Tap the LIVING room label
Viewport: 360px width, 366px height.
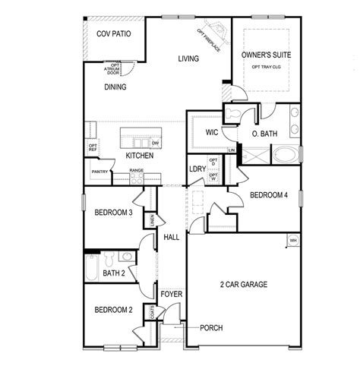click(x=188, y=58)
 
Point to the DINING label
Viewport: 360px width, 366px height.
click(x=115, y=87)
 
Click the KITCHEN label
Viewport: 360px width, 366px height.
click(x=140, y=156)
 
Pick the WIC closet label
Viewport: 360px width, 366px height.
click(x=212, y=132)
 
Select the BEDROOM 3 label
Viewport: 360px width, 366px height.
click(x=114, y=213)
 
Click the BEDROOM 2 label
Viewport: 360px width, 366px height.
click(x=114, y=309)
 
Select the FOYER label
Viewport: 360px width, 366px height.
click(x=171, y=293)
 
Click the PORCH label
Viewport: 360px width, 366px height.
click(x=211, y=328)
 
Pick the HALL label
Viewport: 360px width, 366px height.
click(x=171, y=237)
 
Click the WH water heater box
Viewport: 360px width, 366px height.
click(x=292, y=241)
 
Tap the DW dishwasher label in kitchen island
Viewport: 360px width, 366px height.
click(x=155, y=143)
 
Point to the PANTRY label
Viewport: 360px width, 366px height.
click(x=99, y=172)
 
